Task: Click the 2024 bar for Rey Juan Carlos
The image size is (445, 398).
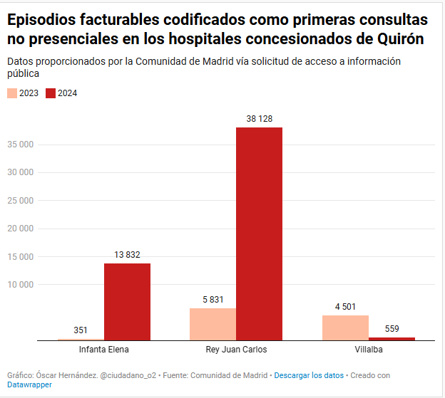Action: point(259,234)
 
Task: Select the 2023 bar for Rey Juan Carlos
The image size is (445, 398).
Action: point(213,324)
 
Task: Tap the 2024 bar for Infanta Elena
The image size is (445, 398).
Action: point(127,301)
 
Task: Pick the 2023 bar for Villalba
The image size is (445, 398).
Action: point(345,328)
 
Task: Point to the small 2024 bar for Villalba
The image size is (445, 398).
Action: point(392,338)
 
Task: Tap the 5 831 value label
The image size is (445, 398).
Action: point(213,300)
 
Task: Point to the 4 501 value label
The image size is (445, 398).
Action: point(345,307)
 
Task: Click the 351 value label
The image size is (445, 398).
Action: point(81,330)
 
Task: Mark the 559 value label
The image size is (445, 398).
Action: point(392,329)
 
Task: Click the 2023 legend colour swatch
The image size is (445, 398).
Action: point(12,93)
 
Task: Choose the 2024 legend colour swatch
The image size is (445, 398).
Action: point(50,93)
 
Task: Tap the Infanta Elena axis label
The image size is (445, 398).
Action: point(104,350)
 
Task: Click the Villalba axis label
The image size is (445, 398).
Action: point(369,350)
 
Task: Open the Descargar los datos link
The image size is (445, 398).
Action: point(309,375)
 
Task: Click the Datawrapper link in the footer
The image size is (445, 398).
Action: point(29,384)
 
